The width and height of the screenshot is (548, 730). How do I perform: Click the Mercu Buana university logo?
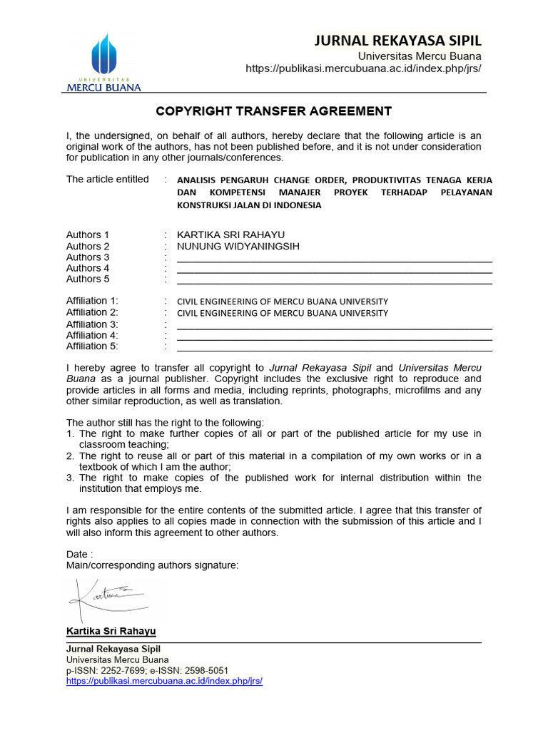point(104,61)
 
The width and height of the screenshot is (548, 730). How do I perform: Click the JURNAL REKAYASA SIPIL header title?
point(398,41)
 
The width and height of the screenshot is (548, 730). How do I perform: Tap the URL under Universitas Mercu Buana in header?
point(363,68)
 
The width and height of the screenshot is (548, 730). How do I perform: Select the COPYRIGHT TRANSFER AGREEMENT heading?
point(274,111)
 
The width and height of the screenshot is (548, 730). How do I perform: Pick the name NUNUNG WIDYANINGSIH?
point(238,246)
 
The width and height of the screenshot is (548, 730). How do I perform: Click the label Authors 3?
point(88,257)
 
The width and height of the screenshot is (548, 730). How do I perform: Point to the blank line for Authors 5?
point(334,281)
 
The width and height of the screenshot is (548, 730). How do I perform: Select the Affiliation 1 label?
point(92,301)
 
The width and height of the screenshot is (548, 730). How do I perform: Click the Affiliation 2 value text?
point(283,313)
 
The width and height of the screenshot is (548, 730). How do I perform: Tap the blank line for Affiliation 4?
point(334,336)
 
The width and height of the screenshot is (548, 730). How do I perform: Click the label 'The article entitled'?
point(108,179)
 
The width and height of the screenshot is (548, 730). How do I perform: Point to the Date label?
point(78,555)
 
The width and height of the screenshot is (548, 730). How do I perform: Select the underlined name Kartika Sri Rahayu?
point(111,632)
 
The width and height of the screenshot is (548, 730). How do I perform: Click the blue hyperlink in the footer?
point(164,681)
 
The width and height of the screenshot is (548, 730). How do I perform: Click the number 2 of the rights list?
point(70,456)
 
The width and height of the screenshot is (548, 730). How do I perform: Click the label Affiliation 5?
point(92,346)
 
